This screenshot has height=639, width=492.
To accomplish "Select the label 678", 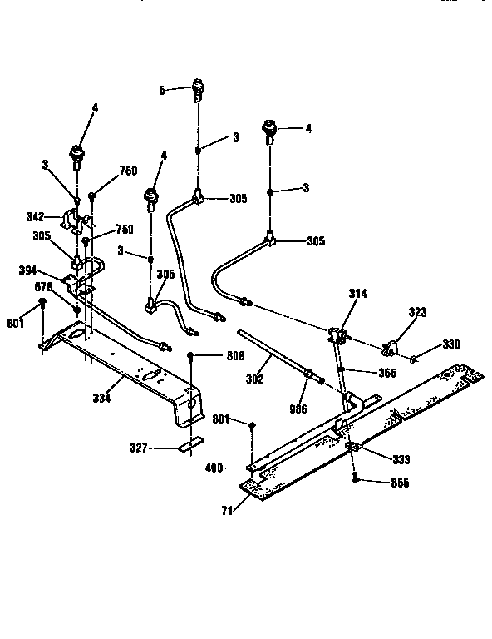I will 44,287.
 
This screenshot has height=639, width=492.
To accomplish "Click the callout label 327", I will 138,448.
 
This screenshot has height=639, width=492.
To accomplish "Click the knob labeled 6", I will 199,87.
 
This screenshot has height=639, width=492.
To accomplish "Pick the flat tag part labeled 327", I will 188,447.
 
